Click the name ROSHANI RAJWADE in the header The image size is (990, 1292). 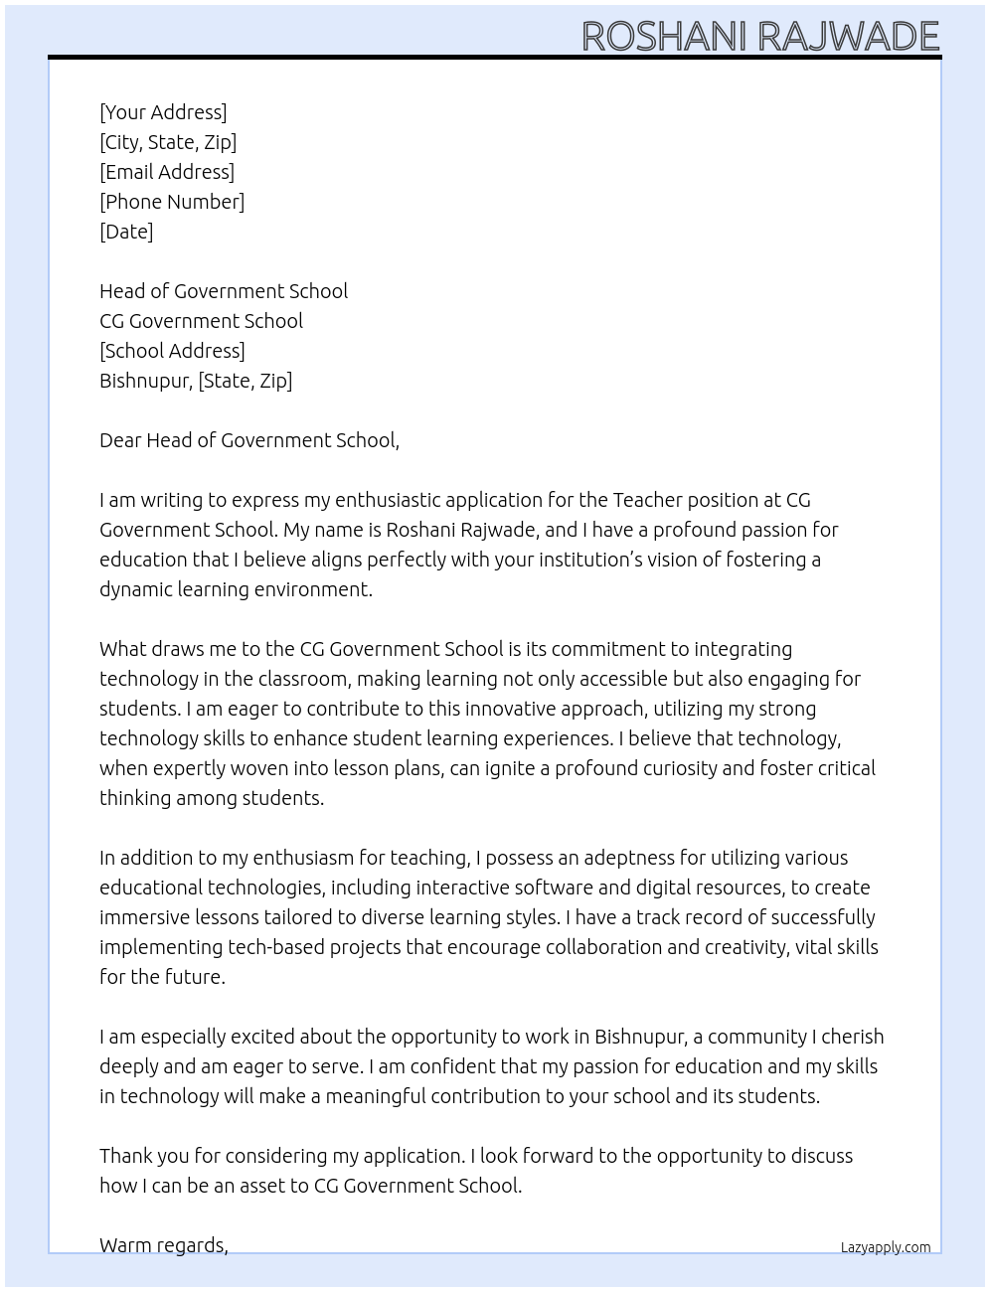[x=759, y=36]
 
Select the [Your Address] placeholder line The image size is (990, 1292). [x=163, y=112]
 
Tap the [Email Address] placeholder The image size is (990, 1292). [x=167, y=172]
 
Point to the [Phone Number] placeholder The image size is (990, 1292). [x=172, y=202]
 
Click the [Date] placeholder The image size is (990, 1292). [x=126, y=232]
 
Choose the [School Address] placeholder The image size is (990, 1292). [x=172, y=351]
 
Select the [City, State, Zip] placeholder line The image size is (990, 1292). [x=168, y=142]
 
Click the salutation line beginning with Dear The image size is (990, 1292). [x=249, y=440]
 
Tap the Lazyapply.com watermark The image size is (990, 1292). [x=886, y=1247]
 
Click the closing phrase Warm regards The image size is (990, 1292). [x=164, y=1245]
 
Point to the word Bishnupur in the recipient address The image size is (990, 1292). [x=145, y=381]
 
